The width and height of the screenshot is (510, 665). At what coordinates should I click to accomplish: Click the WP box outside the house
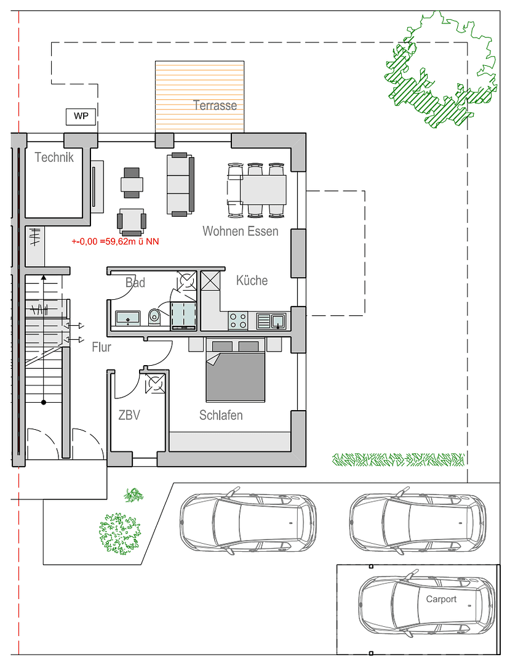81,116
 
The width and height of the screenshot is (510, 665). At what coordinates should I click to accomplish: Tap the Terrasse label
215,105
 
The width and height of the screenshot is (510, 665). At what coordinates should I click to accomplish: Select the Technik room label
54,158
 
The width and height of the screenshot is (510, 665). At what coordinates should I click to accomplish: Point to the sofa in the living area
180,185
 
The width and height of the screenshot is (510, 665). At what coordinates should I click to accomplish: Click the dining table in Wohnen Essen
263,190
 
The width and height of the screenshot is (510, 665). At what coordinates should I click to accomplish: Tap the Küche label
252,280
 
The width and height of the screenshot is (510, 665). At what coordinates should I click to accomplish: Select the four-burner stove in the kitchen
238,321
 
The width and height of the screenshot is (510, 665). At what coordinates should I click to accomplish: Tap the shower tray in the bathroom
183,315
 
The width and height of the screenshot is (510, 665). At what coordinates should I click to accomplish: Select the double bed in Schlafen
236,370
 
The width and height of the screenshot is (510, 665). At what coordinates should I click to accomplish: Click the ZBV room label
129,415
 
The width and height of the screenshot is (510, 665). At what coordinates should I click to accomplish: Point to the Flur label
102,347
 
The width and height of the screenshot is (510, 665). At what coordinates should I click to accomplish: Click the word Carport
441,599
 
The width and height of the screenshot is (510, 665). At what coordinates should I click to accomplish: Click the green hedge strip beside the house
398,459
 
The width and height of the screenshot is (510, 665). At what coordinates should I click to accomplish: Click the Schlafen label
221,415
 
